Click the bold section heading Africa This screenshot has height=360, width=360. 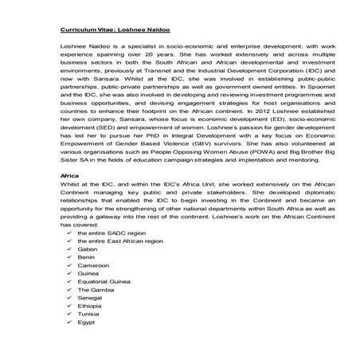tap(70, 197)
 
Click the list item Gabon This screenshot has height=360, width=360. tap(88, 248)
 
